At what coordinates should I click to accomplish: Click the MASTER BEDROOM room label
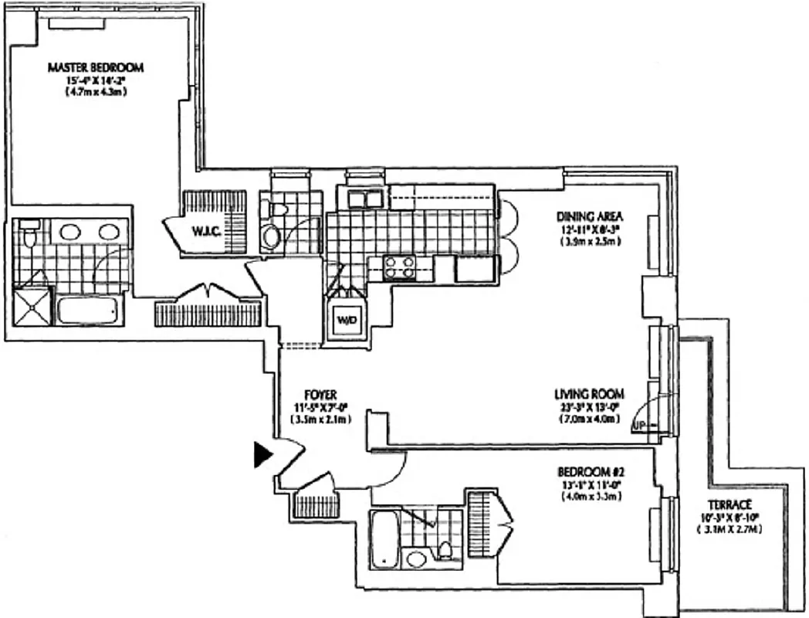(96, 68)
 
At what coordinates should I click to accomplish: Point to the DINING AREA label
(590, 216)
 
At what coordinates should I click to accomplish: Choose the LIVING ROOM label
(588, 393)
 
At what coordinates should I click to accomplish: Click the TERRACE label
(723, 504)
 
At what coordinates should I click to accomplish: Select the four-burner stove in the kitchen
(400, 267)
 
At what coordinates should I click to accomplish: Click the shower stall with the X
(32, 307)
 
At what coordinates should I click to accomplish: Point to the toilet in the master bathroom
(30, 235)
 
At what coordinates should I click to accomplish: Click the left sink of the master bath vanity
(69, 232)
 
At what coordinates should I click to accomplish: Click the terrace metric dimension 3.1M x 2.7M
(723, 530)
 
